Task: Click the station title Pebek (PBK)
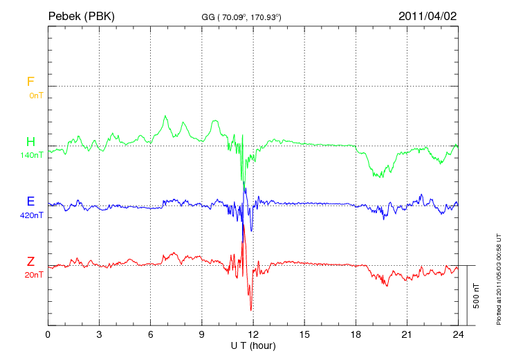(x=81, y=16)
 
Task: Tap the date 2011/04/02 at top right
(x=427, y=16)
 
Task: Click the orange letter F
(x=30, y=82)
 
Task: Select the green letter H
(x=30, y=142)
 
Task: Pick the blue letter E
(x=30, y=201)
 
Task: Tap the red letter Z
(x=30, y=262)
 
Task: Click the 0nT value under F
(x=36, y=95)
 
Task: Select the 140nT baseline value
(x=32, y=155)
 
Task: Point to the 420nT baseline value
(x=32, y=215)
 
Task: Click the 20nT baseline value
(x=34, y=275)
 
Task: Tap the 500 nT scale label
(x=477, y=296)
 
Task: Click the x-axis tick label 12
(x=253, y=334)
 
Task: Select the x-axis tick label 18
(x=356, y=334)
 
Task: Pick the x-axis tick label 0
(x=48, y=334)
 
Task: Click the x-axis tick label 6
(x=151, y=334)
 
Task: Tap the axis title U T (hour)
(x=253, y=345)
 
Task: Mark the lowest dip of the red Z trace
(x=250, y=310)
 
